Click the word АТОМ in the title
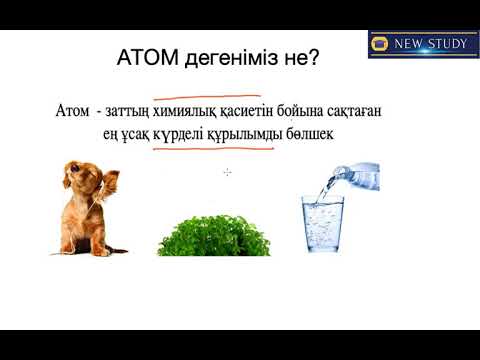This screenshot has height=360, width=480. click(152, 59)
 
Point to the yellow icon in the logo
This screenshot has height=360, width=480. click(379, 44)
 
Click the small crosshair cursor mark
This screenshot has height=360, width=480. click(228, 173)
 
